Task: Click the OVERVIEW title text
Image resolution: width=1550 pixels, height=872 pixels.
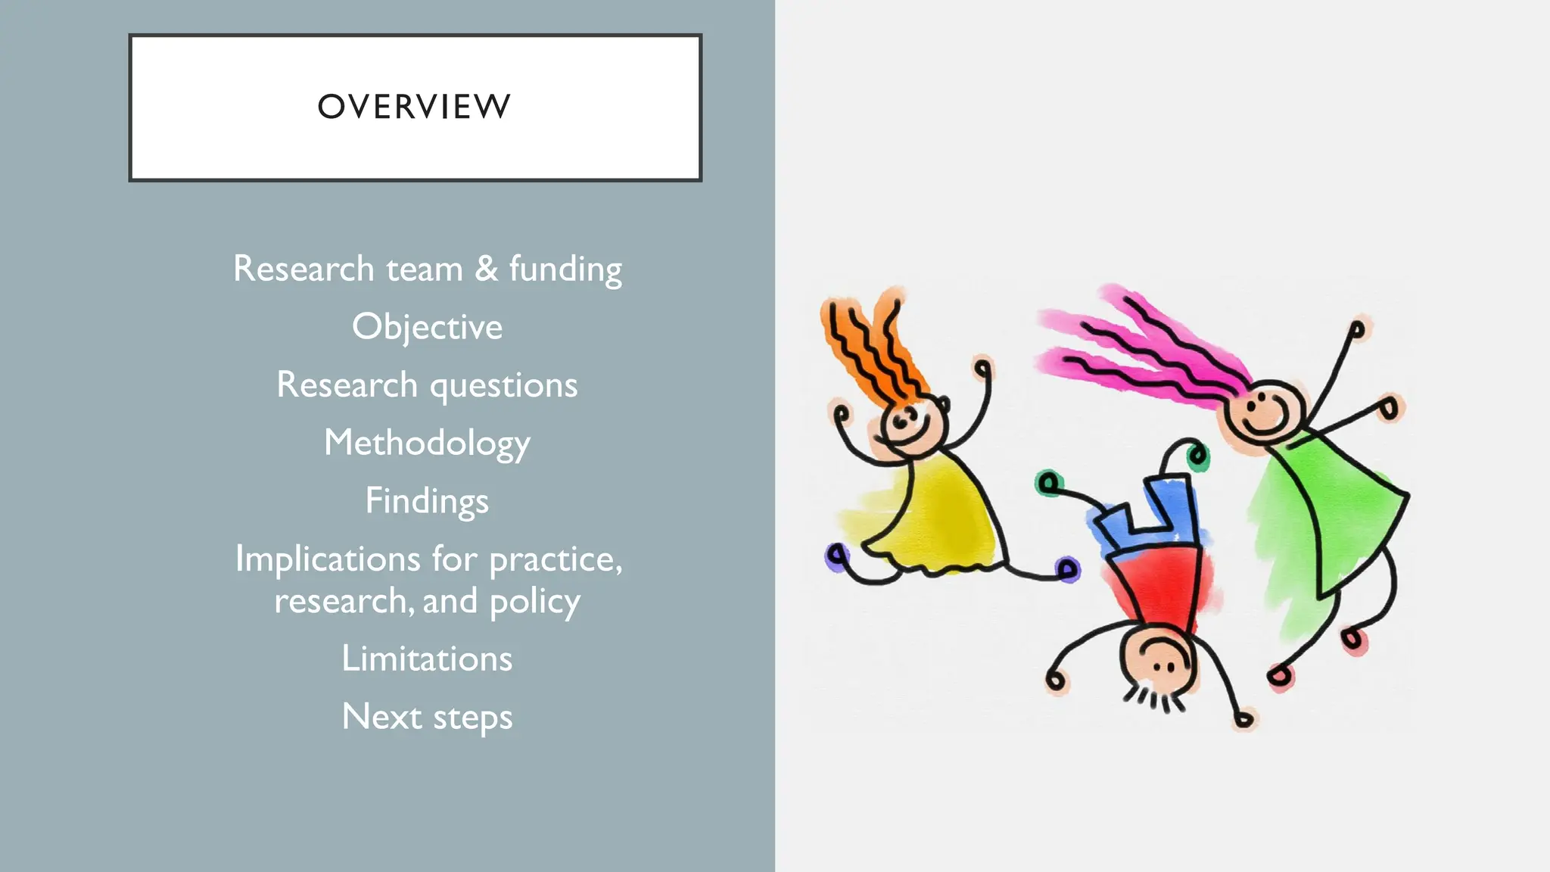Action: point(414,107)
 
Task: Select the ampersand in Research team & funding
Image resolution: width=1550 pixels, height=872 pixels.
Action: point(486,269)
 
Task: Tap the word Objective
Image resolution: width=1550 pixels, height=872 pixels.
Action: point(427,327)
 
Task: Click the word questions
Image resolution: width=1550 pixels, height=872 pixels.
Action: point(503,385)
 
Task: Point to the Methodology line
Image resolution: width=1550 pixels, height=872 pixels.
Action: point(427,444)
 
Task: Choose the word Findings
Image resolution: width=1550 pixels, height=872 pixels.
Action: point(427,501)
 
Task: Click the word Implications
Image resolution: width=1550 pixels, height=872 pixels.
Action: point(327,559)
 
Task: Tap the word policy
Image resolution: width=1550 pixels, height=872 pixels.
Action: point(534,602)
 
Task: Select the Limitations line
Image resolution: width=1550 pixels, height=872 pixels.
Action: point(427,659)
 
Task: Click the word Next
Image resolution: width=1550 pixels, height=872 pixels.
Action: point(381,717)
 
